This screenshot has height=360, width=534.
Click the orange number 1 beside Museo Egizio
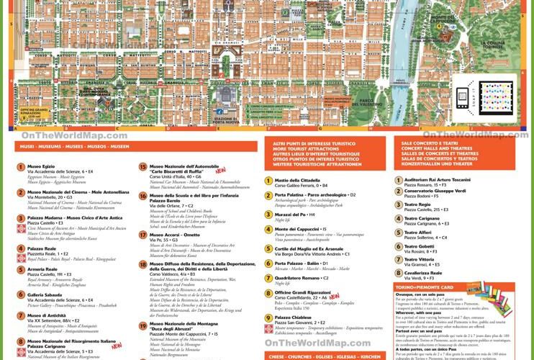[21, 168]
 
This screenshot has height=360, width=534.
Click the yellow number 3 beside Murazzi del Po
[268, 215]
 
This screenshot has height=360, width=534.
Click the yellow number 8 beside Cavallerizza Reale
[398, 274]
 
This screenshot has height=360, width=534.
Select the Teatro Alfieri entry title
[419, 233]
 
